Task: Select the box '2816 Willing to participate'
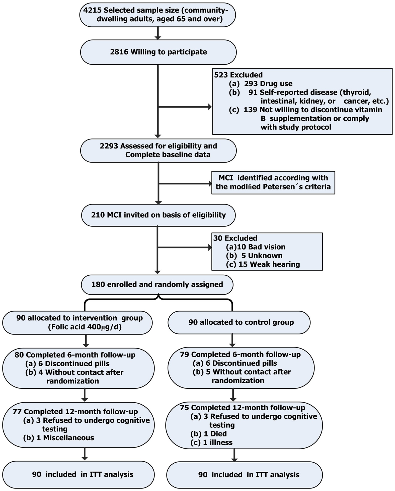(158, 52)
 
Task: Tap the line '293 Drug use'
(268, 83)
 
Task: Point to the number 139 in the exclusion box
(250, 110)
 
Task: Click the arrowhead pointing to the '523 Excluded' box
(210, 107)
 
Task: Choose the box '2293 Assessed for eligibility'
(158, 150)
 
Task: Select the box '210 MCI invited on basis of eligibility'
(158, 215)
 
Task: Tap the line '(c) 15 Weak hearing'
(263, 264)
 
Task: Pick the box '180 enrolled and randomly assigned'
(157, 284)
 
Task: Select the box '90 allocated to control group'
(239, 322)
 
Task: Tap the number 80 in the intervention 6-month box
(19, 355)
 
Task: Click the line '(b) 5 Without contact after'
(242, 372)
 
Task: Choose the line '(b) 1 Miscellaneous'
(59, 437)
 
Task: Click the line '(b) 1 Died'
(209, 433)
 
